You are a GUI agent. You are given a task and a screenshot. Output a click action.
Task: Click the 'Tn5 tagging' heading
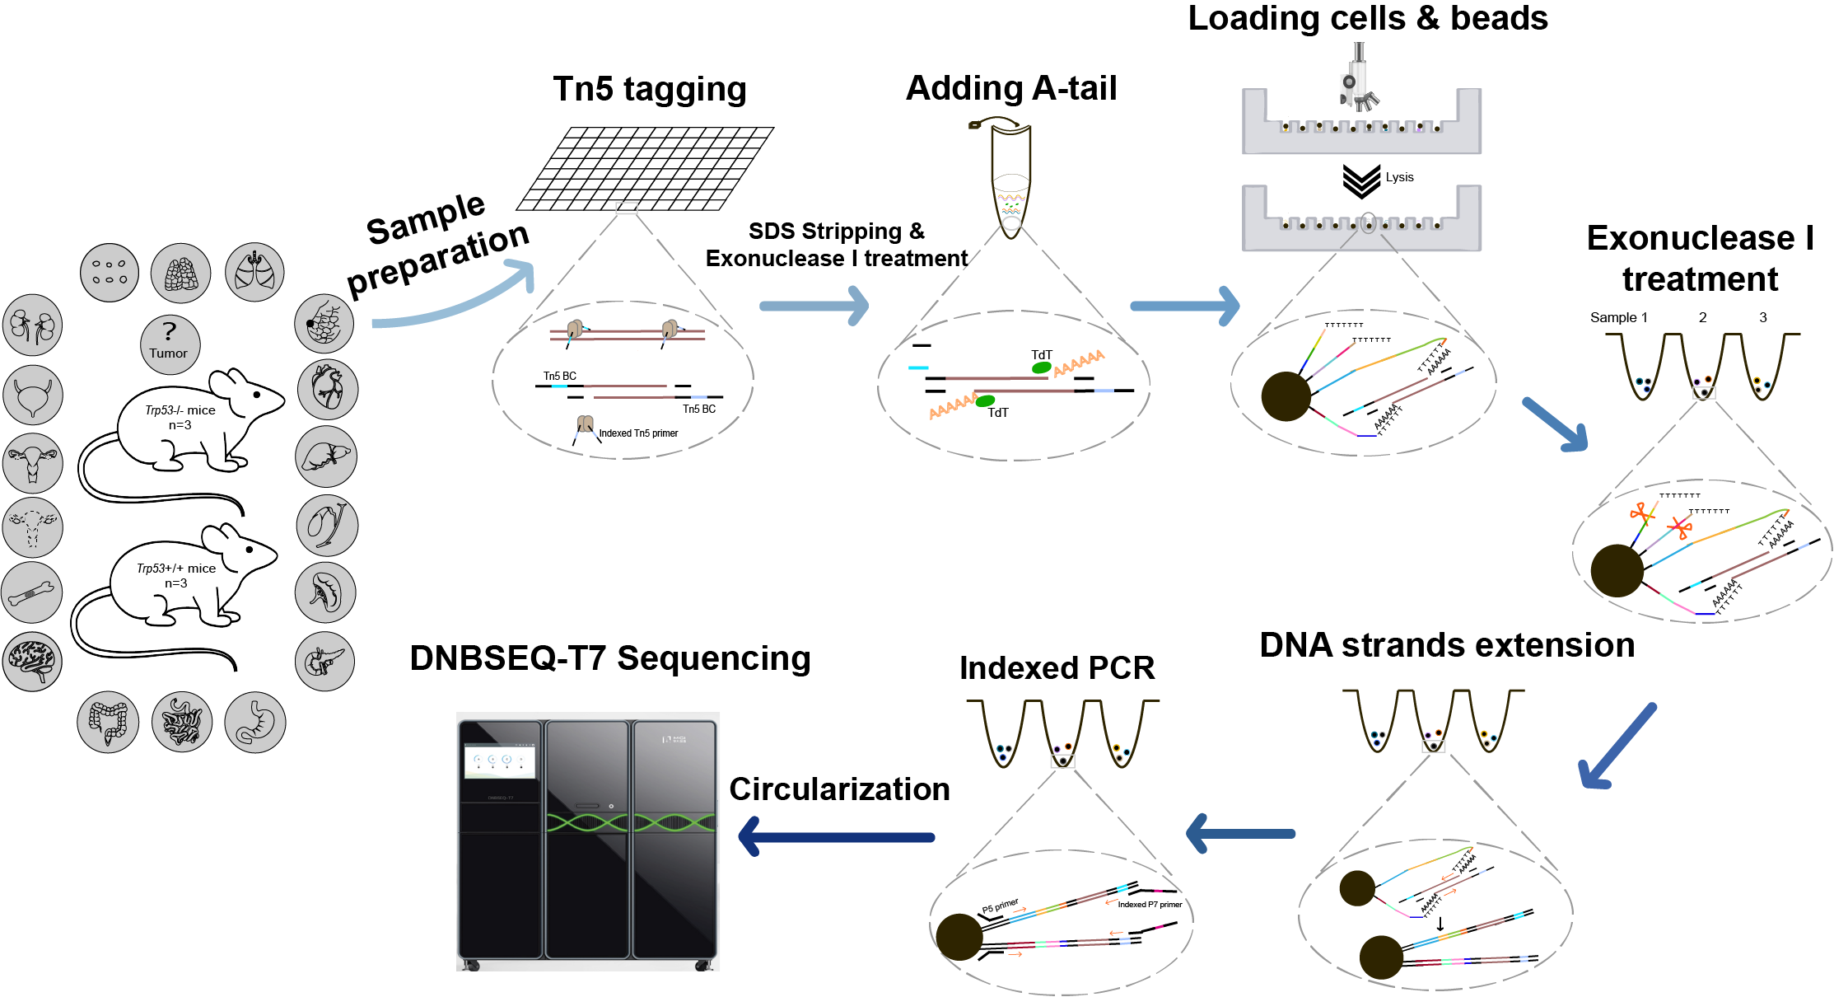(650, 89)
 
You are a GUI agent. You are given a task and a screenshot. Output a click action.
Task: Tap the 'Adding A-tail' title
(1011, 88)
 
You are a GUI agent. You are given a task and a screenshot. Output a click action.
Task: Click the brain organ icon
(32, 661)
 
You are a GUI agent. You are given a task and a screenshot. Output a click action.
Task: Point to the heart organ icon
(328, 389)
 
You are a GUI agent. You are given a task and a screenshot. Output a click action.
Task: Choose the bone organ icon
(32, 592)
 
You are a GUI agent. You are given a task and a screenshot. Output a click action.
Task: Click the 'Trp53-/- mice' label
(180, 410)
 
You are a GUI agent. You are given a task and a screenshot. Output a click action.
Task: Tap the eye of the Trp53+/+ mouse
(250, 550)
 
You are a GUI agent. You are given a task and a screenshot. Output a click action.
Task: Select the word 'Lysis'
(1399, 177)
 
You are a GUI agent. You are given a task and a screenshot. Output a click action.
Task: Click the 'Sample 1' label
(1618, 317)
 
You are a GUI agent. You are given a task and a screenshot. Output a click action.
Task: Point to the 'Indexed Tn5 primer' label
(638, 433)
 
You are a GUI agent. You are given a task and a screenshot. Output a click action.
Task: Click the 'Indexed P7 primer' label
(1150, 905)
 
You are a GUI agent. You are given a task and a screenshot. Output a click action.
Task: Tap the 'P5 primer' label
(1000, 906)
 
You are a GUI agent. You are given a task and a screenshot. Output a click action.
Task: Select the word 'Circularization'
(839, 789)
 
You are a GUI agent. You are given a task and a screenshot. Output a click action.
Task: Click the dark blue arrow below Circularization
(836, 837)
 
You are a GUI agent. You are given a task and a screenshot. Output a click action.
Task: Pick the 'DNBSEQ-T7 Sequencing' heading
(610, 658)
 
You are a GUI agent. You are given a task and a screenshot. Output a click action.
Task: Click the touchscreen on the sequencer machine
(500, 761)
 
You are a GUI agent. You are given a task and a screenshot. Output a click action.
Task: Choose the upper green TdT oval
(1042, 367)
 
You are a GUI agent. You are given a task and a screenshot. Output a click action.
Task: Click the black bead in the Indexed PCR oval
(959, 937)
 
